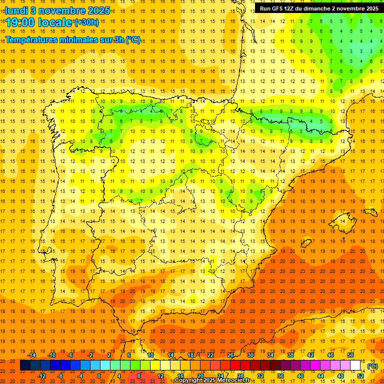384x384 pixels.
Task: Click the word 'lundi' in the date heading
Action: click(x=16, y=10)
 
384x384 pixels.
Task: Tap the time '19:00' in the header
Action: click(x=20, y=22)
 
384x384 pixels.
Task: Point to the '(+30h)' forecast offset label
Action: click(x=86, y=22)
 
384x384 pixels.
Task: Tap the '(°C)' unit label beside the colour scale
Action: click(x=372, y=366)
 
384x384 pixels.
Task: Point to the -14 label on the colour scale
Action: click(x=31, y=355)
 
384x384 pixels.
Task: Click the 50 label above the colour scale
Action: click(x=350, y=355)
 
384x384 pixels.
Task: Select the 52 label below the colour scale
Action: click(x=360, y=376)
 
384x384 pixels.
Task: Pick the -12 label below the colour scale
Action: click(x=41, y=376)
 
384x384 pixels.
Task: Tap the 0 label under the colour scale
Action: click(x=99, y=376)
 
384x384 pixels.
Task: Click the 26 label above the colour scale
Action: click(x=230, y=355)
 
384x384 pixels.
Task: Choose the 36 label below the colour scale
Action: click(x=280, y=376)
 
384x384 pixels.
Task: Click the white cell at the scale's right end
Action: click(x=355, y=365)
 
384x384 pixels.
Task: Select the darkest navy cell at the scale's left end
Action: click(x=25, y=365)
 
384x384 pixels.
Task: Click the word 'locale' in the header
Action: click(x=56, y=22)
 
